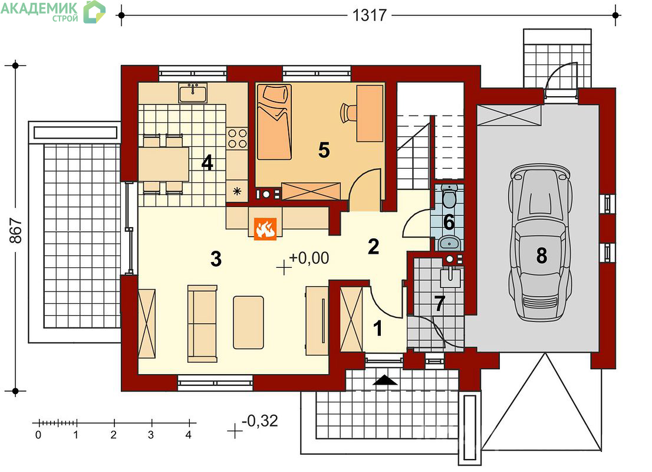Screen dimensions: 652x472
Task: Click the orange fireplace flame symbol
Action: [x=265, y=230]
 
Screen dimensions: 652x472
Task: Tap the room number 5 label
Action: [x=324, y=150]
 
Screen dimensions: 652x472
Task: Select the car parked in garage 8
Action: [x=540, y=242]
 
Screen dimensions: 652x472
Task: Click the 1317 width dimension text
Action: [x=370, y=15]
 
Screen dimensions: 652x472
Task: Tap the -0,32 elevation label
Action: [x=259, y=421]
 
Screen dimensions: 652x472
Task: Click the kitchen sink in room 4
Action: [x=193, y=93]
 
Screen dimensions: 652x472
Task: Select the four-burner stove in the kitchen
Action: [x=237, y=139]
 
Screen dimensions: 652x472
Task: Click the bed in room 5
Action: [x=274, y=122]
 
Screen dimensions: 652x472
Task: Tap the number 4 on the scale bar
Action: [x=189, y=435]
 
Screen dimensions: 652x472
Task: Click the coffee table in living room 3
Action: [x=248, y=323]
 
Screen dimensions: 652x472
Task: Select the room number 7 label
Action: [x=440, y=304]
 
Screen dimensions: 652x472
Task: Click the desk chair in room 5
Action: [x=348, y=113]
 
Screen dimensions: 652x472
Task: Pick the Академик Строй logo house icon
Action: [x=94, y=12]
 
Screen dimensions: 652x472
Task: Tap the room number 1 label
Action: [x=377, y=329]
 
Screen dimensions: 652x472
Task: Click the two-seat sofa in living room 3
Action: [x=203, y=323]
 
